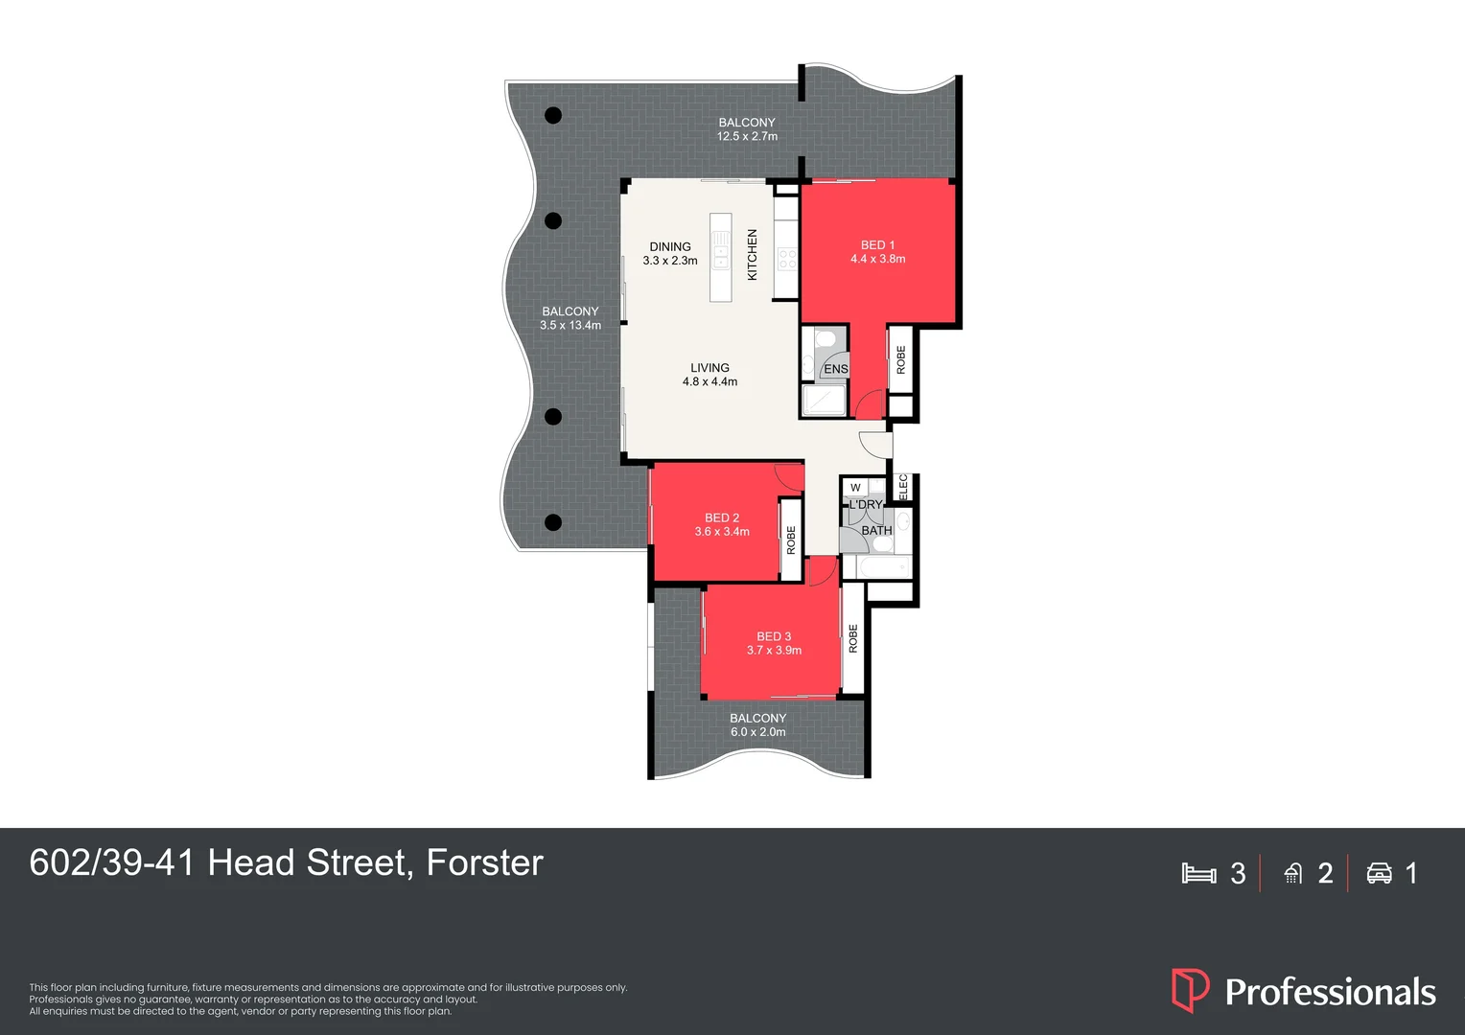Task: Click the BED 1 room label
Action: (x=877, y=245)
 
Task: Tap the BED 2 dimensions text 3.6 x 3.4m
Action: (x=722, y=532)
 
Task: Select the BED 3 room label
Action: (x=774, y=636)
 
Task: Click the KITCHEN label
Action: (x=753, y=255)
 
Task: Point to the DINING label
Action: (x=670, y=246)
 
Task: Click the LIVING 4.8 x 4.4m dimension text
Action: (x=709, y=381)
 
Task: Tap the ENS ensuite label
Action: (x=835, y=369)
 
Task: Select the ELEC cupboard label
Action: (x=902, y=487)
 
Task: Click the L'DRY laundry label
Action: (x=865, y=504)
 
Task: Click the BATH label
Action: (x=876, y=530)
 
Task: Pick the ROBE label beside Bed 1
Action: (x=900, y=359)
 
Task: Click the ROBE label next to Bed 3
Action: (x=852, y=639)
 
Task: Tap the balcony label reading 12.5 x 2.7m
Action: (x=747, y=136)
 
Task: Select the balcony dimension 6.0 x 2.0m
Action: (x=757, y=732)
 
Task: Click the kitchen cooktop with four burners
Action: (x=787, y=258)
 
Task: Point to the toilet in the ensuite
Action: (x=826, y=339)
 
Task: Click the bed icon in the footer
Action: (x=1198, y=873)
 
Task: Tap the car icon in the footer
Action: (x=1379, y=873)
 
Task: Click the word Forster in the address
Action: (x=484, y=863)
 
